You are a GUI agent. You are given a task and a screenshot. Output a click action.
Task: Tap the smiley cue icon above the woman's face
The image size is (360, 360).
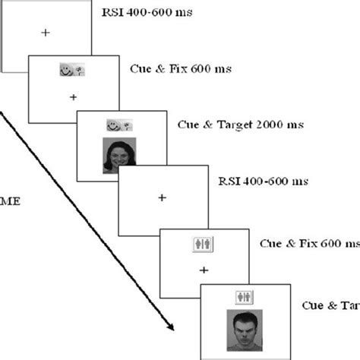[x=120, y=123]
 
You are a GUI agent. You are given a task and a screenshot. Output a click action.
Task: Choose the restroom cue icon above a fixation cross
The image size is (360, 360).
[x=203, y=244]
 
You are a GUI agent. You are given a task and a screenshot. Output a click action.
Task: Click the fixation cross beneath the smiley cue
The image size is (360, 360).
[x=73, y=97]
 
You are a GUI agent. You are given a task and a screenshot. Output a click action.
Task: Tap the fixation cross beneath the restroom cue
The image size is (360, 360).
[x=203, y=270]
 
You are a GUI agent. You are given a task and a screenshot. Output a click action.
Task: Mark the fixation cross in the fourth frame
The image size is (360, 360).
[x=161, y=197]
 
